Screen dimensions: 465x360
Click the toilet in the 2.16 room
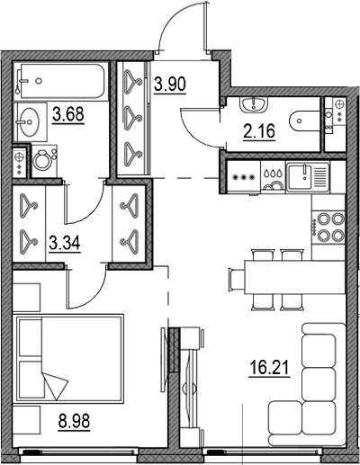click(303, 118)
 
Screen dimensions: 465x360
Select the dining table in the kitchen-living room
click(273, 272)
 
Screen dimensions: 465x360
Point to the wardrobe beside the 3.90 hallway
click(133, 116)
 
